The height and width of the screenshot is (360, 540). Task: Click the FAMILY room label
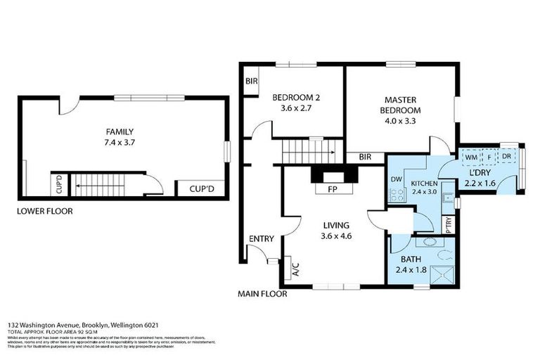tap(120, 131)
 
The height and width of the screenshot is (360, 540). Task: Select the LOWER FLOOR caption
tap(46, 210)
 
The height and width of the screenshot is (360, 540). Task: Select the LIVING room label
tap(336, 226)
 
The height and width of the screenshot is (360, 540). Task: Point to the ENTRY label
tap(261, 239)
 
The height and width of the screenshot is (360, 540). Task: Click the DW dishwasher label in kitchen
tap(396, 179)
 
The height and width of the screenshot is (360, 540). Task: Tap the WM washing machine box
tap(471, 156)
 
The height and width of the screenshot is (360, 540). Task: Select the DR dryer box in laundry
tap(507, 156)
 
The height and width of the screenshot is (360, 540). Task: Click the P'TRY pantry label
tap(449, 224)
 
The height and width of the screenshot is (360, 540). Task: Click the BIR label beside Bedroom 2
tap(251, 82)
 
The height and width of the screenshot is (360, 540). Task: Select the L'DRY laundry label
tap(485, 172)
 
